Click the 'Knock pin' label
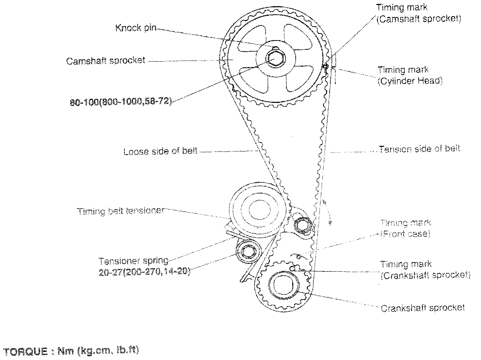pos(136,28)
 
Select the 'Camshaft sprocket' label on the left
pos(106,61)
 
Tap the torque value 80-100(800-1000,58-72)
pos(121,101)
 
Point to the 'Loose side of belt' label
pos(160,151)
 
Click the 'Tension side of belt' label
pos(419,149)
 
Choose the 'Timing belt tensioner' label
pos(121,211)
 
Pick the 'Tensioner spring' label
pos(133,261)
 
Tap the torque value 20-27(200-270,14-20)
pos(145,271)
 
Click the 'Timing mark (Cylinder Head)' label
pos(410,76)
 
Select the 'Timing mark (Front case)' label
pos(405,229)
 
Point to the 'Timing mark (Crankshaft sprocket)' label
pos(425,270)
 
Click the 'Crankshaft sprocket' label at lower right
pos(423,308)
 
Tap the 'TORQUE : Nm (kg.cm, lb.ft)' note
pos(71,351)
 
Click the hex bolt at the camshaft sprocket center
pos(275,59)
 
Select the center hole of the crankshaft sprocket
pos(284,285)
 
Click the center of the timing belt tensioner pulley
pos(259,209)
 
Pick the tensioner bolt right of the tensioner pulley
pos(303,225)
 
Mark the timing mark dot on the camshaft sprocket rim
pos(325,66)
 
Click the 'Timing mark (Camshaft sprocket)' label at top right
pos(419,13)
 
